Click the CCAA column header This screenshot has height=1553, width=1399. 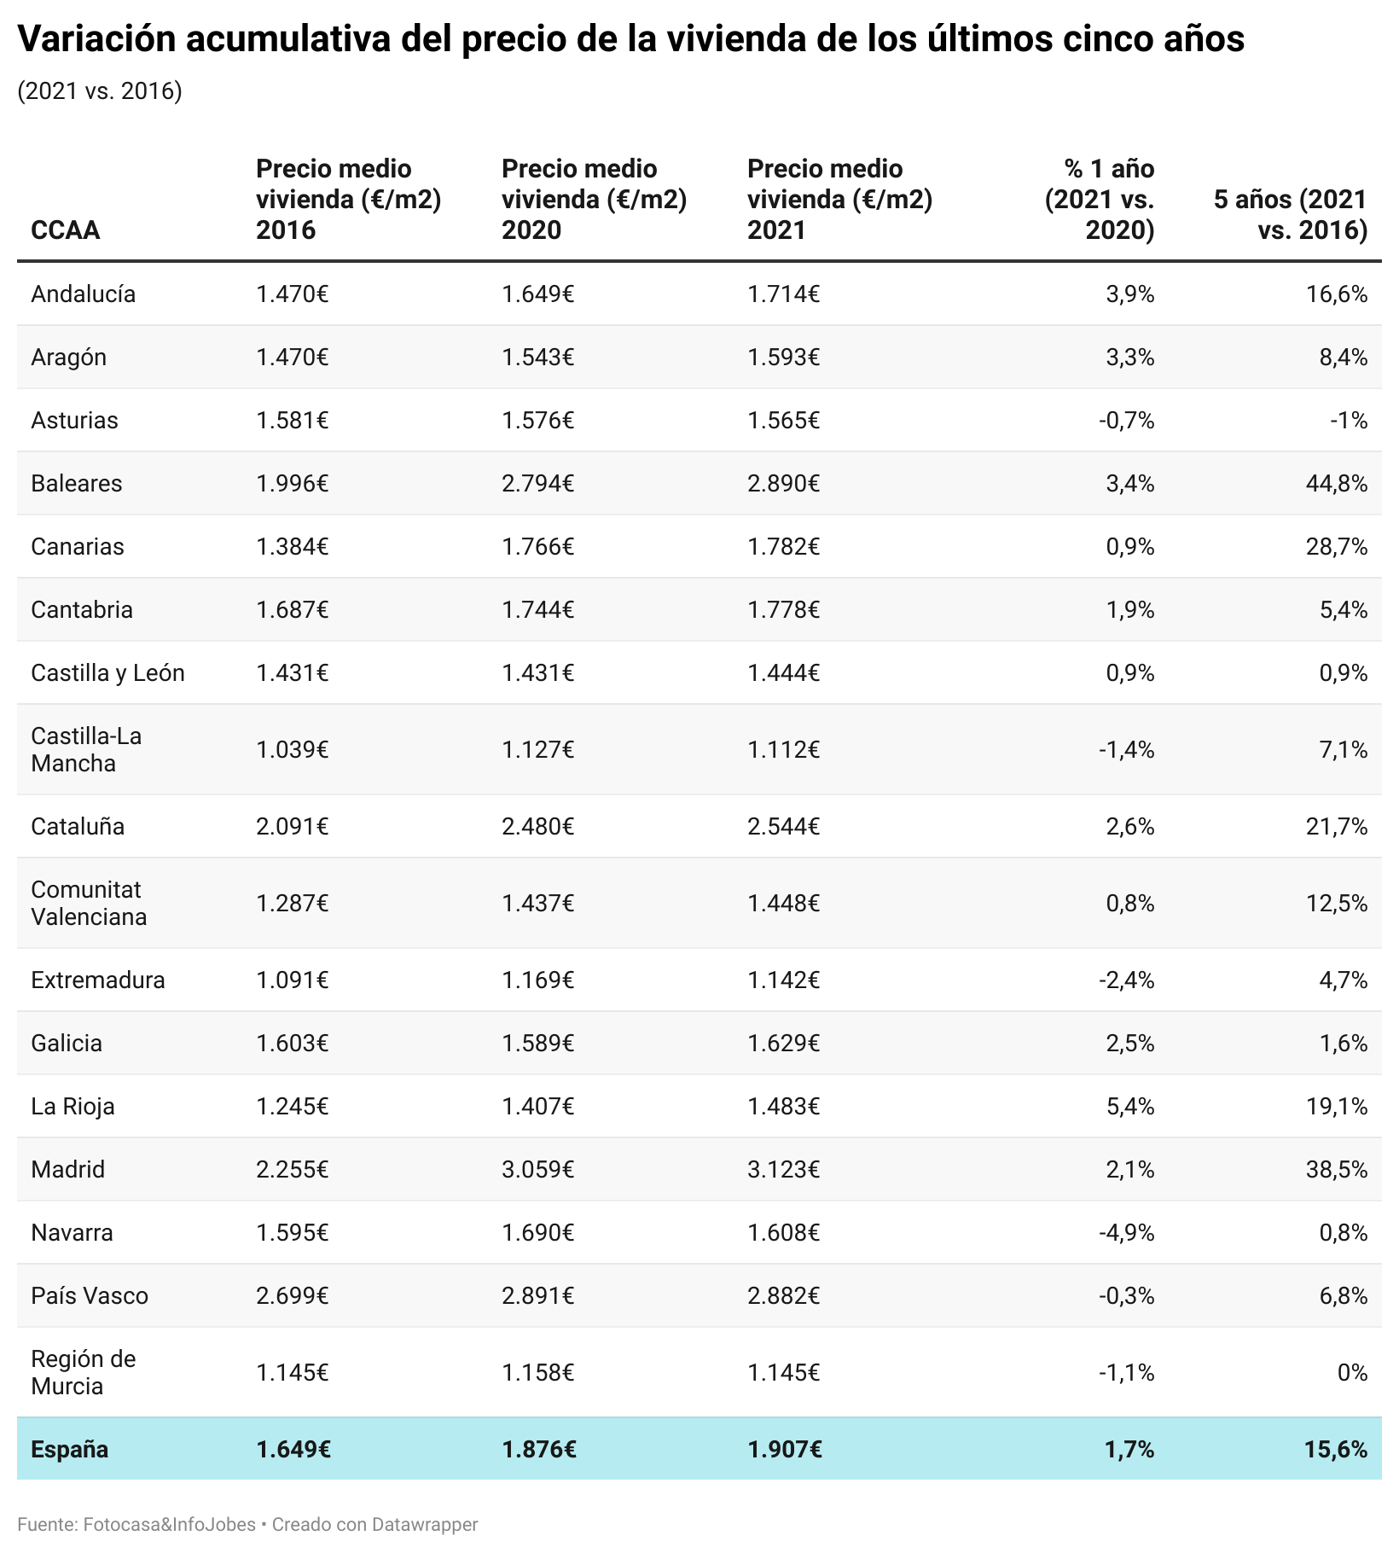click(65, 230)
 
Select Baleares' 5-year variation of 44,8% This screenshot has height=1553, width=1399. click(1336, 484)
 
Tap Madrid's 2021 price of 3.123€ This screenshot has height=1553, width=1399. click(783, 1170)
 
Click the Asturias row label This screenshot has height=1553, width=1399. click(74, 421)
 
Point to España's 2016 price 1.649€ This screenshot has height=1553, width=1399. click(293, 1450)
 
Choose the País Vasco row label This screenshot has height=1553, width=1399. click(90, 1296)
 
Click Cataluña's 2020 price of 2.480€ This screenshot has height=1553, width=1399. click(537, 827)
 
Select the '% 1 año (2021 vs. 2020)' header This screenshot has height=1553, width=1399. click(1100, 200)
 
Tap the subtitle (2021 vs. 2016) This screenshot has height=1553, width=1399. click(99, 91)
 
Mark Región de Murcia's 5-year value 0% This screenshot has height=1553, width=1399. click(1352, 1373)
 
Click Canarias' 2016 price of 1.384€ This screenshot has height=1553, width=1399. click(292, 547)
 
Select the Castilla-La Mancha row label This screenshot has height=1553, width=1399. click(86, 750)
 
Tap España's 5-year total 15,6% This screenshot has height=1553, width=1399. click(1336, 1450)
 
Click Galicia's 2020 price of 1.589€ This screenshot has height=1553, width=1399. click(537, 1044)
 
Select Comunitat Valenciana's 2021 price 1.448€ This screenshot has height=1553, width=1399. click(783, 904)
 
